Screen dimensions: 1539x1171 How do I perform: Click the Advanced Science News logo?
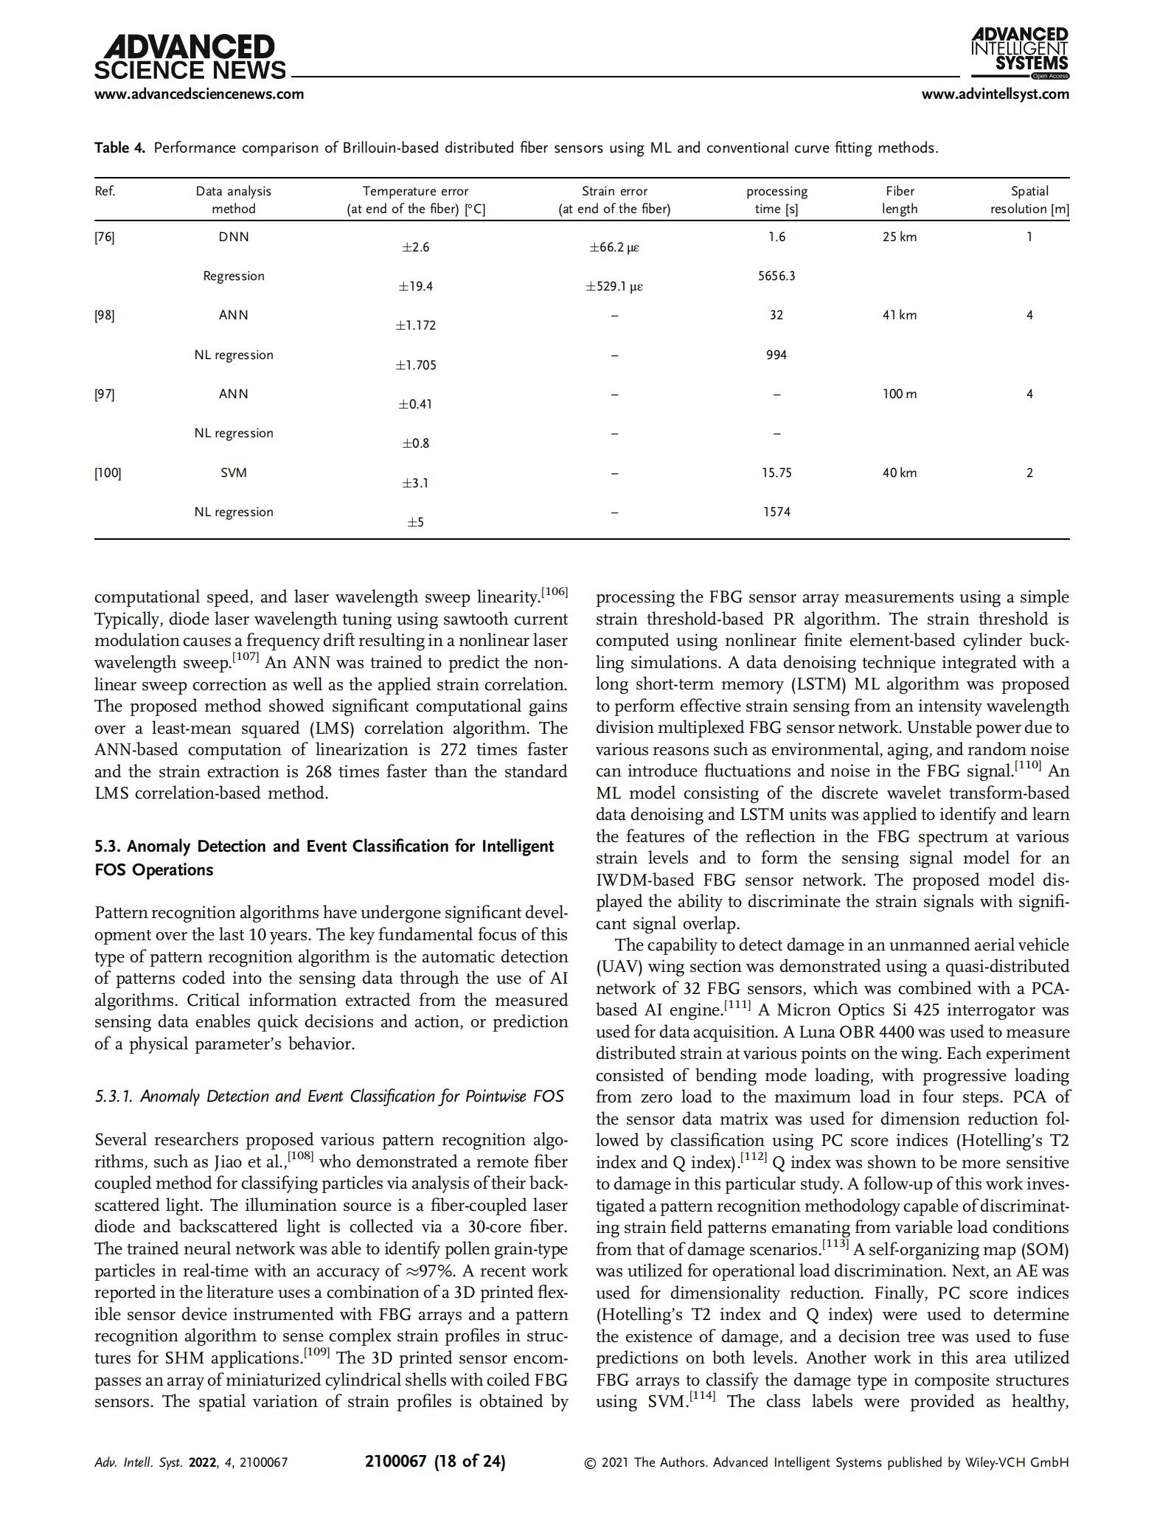pos(190,58)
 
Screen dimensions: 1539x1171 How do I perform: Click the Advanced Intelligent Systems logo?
pos(1020,52)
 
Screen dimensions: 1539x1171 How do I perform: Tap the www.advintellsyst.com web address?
pos(995,94)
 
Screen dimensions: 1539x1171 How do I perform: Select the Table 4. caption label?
pos(119,148)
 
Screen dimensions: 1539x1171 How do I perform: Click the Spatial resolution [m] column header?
pos(1029,200)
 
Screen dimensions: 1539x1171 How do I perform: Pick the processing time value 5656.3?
pos(776,276)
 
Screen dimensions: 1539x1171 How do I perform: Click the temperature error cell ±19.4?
pos(416,286)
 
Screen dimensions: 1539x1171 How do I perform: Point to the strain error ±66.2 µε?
pos(614,247)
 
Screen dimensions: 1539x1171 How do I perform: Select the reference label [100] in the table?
pos(108,473)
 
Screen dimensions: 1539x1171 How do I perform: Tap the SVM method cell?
pos(233,473)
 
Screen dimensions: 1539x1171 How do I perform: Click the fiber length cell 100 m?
pos(899,394)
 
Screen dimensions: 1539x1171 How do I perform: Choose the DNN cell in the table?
pos(233,237)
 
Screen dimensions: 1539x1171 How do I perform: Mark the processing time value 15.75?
pos(776,473)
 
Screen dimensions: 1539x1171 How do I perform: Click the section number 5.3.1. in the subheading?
pos(114,1097)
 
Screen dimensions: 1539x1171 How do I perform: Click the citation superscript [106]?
pos(554,591)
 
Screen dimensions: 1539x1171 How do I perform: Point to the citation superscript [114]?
pos(702,1396)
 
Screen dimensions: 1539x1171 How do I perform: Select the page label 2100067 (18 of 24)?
pos(435,1461)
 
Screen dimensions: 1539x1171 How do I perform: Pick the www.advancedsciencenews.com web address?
pos(199,94)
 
